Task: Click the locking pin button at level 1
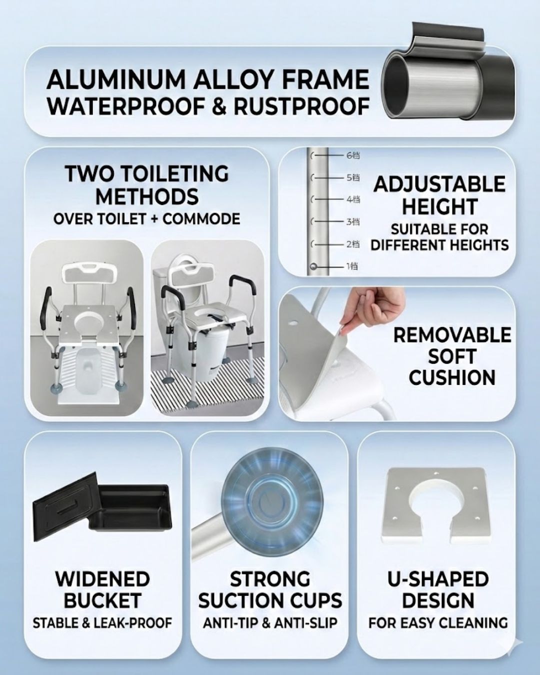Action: pos(313,267)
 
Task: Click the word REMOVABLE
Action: pos(452,335)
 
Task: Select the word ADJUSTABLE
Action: pos(439,184)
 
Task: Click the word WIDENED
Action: pos(103,579)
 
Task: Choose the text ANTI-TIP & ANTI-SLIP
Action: pos(270,623)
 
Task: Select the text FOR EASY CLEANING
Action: pos(438,623)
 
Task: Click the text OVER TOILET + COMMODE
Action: pos(146,219)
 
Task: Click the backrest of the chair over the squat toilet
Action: pos(89,273)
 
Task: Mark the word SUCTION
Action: pos(243,601)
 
